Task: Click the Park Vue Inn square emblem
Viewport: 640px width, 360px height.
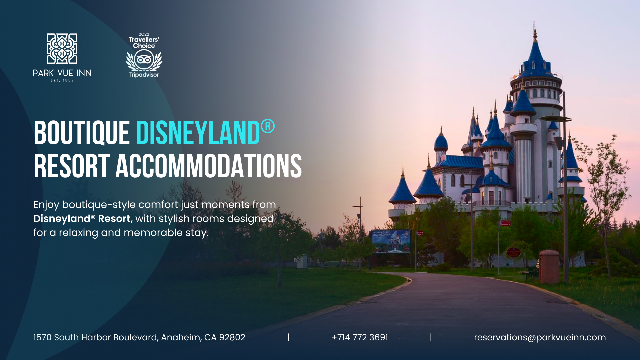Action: [x=62, y=48]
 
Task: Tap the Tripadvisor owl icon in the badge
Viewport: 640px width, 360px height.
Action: [x=144, y=60]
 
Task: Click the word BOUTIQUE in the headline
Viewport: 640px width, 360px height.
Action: [x=82, y=133]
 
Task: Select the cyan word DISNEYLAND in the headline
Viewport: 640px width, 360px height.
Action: [x=198, y=133]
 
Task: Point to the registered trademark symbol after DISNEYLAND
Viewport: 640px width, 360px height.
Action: [x=268, y=127]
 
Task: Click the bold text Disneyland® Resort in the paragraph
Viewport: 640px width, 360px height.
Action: [x=83, y=219]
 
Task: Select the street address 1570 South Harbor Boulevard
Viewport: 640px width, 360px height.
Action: [x=96, y=337]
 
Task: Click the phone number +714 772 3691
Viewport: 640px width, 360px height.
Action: [x=360, y=337]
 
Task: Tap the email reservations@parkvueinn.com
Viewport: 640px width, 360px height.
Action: [x=540, y=337]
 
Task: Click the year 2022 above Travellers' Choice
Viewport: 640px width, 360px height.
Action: [x=144, y=34]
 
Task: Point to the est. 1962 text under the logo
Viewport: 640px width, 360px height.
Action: [x=62, y=80]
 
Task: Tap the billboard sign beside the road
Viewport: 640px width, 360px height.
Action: [x=391, y=241]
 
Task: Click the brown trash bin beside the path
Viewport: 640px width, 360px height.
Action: [x=549, y=267]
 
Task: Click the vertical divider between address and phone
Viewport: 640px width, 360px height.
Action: [x=288, y=337]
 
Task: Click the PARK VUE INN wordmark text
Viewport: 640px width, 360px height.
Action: [x=62, y=73]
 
